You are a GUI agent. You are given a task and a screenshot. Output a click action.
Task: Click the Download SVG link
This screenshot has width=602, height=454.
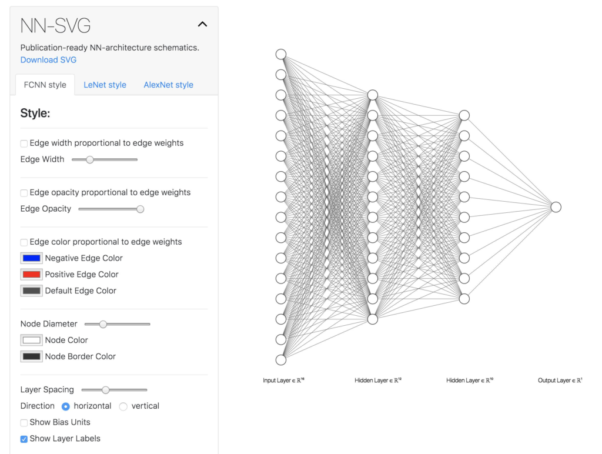(48, 60)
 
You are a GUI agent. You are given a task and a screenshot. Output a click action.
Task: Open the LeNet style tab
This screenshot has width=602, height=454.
(105, 85)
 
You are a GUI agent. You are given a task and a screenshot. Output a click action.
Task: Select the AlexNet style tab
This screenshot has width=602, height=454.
(169, 85)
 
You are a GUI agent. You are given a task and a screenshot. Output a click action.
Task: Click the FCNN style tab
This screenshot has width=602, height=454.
(45, 85)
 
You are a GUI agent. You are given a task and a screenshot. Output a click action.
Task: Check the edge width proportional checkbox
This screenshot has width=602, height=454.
(24, 143)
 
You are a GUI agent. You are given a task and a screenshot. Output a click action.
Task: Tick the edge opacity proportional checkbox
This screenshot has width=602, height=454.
(24, 193)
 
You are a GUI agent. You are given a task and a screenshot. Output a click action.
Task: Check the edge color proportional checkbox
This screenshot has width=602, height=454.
(24, 242)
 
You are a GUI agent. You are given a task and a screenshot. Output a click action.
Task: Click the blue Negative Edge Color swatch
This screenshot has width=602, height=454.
(32, 258)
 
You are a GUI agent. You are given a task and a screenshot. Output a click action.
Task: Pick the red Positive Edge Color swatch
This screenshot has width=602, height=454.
(32, 274)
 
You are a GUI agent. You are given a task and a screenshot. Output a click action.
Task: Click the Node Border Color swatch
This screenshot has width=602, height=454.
(32, 356)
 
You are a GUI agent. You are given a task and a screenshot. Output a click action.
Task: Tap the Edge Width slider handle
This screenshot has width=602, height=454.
(90, 159)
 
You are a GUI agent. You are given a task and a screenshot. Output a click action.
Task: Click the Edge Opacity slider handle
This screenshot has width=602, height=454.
(140, 209)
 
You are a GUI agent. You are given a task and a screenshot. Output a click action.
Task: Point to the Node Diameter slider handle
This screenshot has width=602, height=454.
(103, 324)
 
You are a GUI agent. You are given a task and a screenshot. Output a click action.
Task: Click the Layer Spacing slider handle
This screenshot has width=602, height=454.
(106, 390)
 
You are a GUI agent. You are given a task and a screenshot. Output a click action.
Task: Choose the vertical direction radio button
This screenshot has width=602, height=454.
(123, 406)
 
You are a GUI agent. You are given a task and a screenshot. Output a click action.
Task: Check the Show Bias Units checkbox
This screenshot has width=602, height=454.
(24, 422)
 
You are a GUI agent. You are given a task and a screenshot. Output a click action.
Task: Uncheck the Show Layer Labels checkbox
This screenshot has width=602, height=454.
(24, 439)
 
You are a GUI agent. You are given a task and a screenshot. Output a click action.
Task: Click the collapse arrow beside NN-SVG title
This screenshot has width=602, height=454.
(202, 25)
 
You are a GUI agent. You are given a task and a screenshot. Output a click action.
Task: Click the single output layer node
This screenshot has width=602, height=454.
(556, 207)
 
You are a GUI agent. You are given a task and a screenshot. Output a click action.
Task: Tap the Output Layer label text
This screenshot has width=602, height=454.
(560, 380)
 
